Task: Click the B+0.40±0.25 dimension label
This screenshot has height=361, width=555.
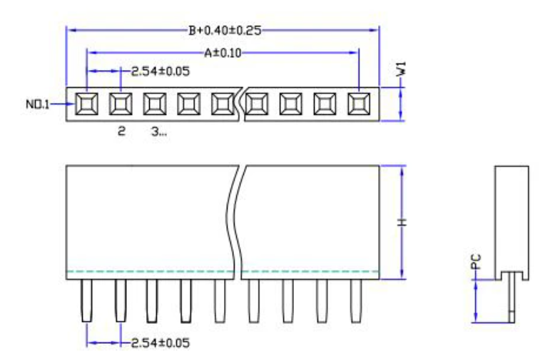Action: tap(223, 31)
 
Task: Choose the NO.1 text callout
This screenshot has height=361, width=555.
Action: tap(38, 105)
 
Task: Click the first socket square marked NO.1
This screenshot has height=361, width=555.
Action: tap(86, 104)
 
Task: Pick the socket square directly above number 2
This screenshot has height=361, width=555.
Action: tap(121, 104)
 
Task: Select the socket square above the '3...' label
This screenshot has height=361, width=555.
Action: tap(155, 104)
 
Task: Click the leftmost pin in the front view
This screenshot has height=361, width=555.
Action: tap(86, 300)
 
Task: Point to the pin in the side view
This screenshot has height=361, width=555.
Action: tap(510, 300)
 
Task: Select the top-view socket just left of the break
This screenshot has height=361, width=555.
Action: tap(223, 104)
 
